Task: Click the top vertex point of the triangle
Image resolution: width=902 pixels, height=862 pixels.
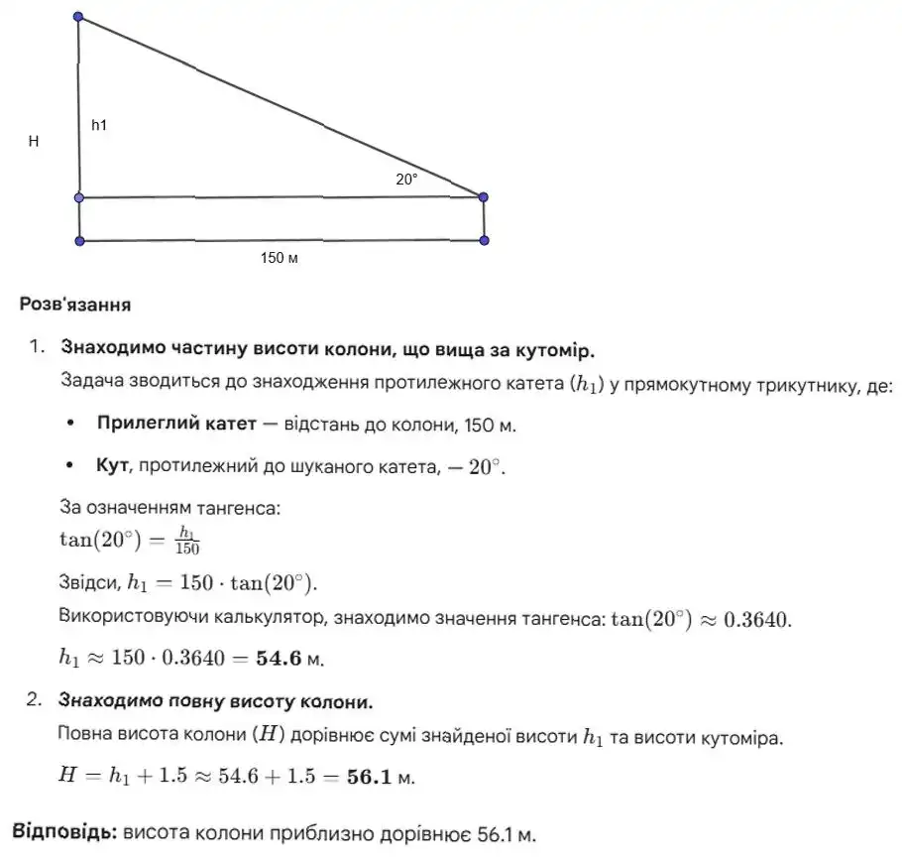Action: click(x=79, y=17)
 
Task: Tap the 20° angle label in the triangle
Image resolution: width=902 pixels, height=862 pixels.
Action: click(x=406, y=180)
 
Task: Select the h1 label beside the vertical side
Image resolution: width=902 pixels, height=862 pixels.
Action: click(x=99, y=126)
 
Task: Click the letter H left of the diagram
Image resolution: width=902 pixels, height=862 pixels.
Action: click(x=34, y=142)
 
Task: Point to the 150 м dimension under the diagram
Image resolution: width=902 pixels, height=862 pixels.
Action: click(x=280, y=258)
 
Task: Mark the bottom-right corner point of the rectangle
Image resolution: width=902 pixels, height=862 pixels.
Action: click(x=484, y=240)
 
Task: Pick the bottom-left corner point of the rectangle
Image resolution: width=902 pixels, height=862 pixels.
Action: click(x=79, y=241)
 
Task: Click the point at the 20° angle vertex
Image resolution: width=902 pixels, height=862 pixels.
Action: click(x=484, y=197)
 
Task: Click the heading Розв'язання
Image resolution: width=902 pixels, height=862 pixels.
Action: click(x=75, y=305)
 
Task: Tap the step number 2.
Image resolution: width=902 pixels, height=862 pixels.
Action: click(x=36, y=701)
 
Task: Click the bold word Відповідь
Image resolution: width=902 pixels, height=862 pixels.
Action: click(x=65, y=833)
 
